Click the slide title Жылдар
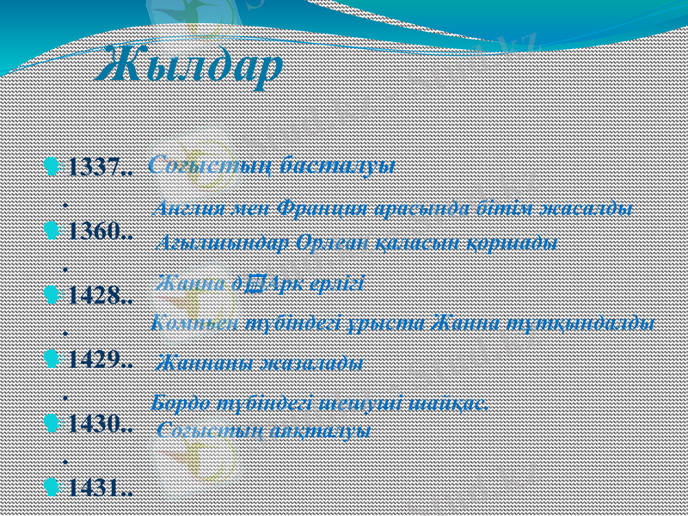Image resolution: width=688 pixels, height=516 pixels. (x=191, y=66)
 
